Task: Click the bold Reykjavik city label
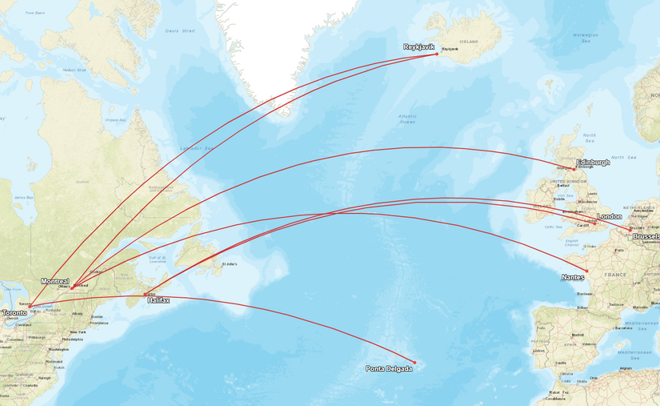click(418, 47)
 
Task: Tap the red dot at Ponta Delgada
click(414, 362)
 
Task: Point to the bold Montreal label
click(55, 281)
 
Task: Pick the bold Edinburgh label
click(593, 162)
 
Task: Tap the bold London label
click(609, 216)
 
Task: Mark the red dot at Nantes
click(586, 271)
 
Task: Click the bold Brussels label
click(646, 237)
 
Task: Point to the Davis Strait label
click(180, 31)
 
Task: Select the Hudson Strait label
click(74, 70)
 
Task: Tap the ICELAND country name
click(469, 42)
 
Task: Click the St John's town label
click(229, 263)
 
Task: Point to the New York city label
click(78, 332)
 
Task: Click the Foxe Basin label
click(34, 13)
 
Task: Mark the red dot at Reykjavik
click(437, 54)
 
